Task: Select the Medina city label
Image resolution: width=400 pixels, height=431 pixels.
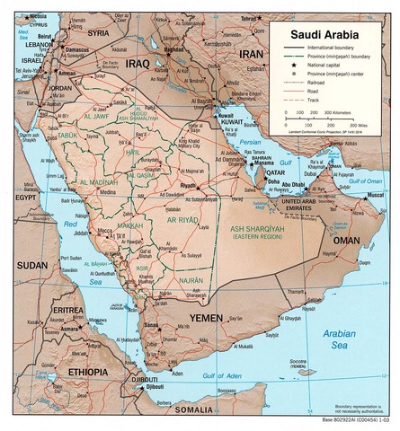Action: [x=107, y=192]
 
